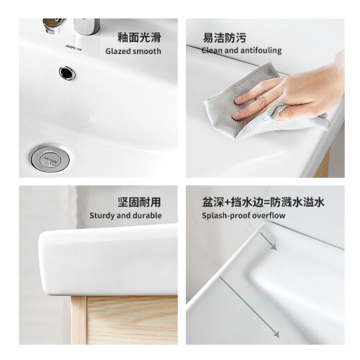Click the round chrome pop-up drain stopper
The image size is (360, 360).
tap(50, 159)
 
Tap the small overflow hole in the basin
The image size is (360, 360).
tap(67, 73)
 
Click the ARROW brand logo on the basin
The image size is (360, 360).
tap(73, 48)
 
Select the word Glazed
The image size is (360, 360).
tap(118, 51)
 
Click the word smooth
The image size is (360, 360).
tap(147, 51)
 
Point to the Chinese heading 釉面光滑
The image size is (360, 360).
tap(139, 37)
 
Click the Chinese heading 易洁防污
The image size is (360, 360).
tap(225, 37)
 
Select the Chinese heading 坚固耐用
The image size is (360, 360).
tap(139, 202)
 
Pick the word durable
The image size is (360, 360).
tap(147, 215)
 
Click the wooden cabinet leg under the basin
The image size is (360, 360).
tap(78, 320)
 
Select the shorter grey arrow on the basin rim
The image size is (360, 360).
tap(269, 241)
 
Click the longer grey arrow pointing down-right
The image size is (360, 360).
tap(250, 307)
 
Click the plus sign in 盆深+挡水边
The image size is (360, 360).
tap(227, 202)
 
